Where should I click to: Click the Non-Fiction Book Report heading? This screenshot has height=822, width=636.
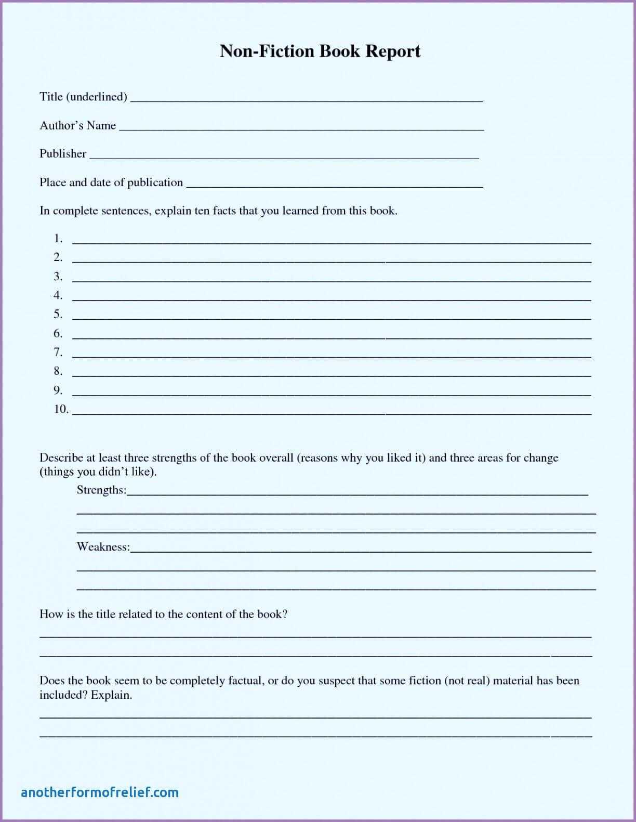pyautogui.click(x=320, y=51)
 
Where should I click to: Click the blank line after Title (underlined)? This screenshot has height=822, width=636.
pyautogui.click(x=306, y=99)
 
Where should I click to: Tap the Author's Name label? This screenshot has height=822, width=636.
pyautogui.click(x=78, y=125)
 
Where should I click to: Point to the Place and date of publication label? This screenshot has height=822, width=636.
pyautogui.click(x=111, y=182)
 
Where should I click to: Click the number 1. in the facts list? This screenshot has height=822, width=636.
pyautogui.click(x=58, y=239)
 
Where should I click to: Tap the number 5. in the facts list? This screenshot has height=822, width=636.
pyautogui.click(x=58, y=314)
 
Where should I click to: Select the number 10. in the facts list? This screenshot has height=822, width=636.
pyautogui.click(x=61, y=409)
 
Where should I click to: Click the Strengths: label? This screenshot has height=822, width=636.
pyautogui.click(x=101, y=490)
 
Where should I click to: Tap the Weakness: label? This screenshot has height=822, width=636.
pyautogui.click(x=103, y=546)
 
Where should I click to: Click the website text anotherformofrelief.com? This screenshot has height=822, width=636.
pyautogui.click(x=100, y=792)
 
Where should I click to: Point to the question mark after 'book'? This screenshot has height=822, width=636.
pyautogui.click(x=285, y=614)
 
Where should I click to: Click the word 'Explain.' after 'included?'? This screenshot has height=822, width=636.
pyautogui.click(x=112, y=695)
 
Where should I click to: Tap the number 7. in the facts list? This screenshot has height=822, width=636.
pyautogui.click(x=58, y=352)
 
